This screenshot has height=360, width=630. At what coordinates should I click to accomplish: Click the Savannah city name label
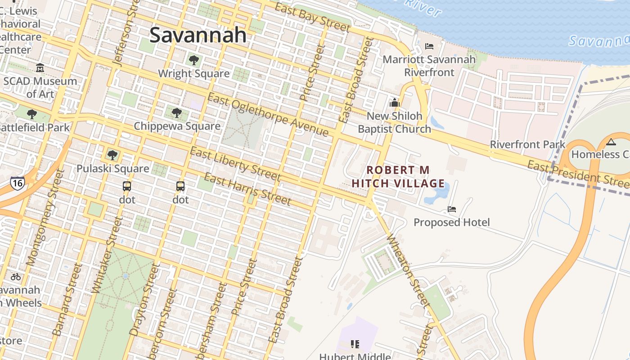pyautogui.click(x=198, y=35)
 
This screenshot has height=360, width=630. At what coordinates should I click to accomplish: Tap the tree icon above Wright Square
pyautogui.click(x=194, y=60)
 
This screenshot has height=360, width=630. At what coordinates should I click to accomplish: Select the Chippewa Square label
pyautogui.click(x=177, y=126)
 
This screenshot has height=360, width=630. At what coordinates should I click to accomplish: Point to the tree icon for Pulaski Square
pyautogui.click(x=112, y=155)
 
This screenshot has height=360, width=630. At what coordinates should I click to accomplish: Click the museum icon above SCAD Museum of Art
pyautogui.click(x=40, y=68)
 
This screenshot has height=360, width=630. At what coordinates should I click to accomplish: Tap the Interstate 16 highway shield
pyautogui.click(x=17, y=182)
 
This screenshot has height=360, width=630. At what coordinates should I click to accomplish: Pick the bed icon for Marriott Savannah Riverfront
pyautogui.click(x=429, y=46)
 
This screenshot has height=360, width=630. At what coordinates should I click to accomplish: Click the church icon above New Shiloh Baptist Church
pyautogui.click(x=395, y=103)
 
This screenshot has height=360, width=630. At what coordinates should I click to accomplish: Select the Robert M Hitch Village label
pyautogui.click(x=398, y=177)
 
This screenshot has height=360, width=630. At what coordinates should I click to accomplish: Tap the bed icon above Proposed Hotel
pyautogui.click(x=452, y=209)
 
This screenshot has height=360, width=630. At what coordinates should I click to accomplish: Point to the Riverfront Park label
pyautogui.click(x=527, y=144)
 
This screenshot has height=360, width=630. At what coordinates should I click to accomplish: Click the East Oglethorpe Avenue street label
pyautogui.click(x=268, y=114)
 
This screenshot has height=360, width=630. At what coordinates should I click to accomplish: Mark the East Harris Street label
pyautogui.click(x=247, y=189)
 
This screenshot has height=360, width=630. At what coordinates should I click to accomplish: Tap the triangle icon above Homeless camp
pyautogui.click(x=611, y=143)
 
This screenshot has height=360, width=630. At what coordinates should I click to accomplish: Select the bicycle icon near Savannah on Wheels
pyautogui.click(x=16, y=277)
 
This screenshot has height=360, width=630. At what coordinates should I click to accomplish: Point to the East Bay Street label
pyautogui.click(x=312, y=18)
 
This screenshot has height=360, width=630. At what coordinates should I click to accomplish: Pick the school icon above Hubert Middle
pyautogui.click(x=355, y=344)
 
